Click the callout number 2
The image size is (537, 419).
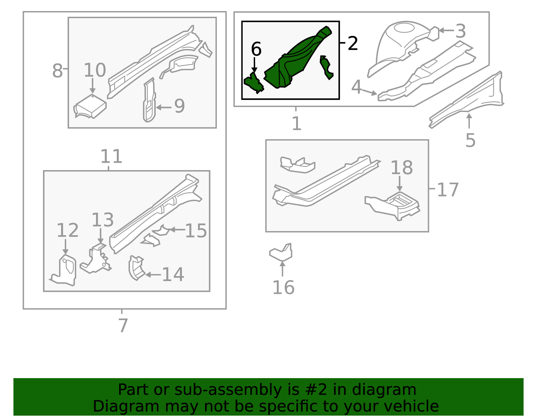(353, 43)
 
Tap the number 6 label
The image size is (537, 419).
(256, 49)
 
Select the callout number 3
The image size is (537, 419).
(460, 31)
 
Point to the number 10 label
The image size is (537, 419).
(95, 70)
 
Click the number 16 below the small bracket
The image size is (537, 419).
(284, 287)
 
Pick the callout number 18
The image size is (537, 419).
(402, 168)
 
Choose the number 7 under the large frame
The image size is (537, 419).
(123, 325)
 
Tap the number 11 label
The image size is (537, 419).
(111, 156)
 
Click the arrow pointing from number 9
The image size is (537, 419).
(163, 107)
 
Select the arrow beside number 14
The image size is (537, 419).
(153, 274)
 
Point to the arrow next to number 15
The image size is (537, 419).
(178, 229)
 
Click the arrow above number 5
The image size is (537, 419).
(469, 121)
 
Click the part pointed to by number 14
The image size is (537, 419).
(136, 268)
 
